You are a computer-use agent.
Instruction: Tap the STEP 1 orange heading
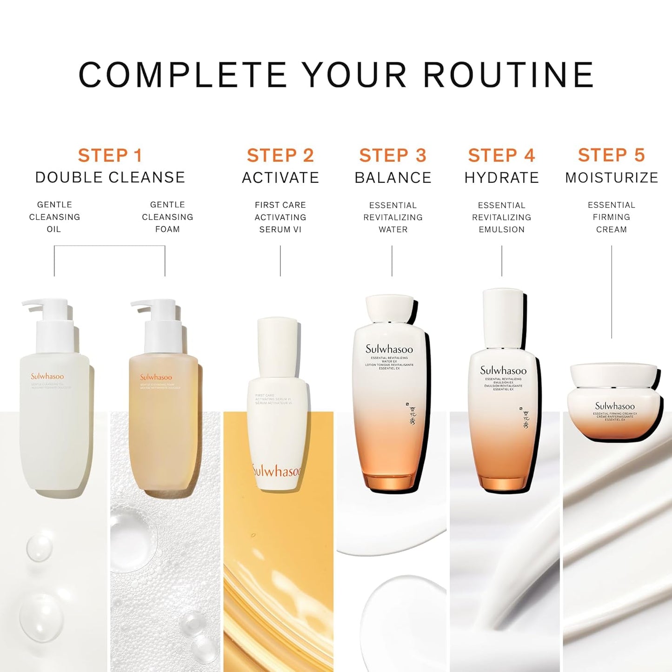(x=110, y=155)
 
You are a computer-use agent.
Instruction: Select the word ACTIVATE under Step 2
(x=280, y=178)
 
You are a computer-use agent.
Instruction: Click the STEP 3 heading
(x=393, y=155)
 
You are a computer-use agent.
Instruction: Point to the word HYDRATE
(x=501, y=178)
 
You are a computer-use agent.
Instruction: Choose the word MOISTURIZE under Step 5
(x=612, y=178)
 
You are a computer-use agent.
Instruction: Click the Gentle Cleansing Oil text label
(x=54, y=217)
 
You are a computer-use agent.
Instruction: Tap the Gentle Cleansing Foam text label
(x=167, y=217)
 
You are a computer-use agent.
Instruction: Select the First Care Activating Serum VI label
(x=280, y=217)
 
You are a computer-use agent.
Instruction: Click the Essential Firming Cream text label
(x=611, y=217)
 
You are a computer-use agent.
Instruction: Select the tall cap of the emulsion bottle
(x=503, y=317)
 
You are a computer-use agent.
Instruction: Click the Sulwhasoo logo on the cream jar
(x=615, y=406)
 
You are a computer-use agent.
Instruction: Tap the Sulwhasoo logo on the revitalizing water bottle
(x=389, y=349)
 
